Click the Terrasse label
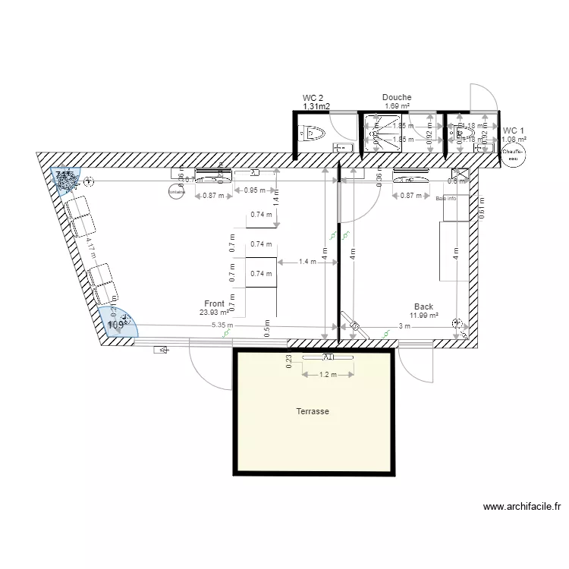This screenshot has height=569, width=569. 313,411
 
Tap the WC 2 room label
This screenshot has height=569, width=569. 313,98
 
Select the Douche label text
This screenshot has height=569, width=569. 397,97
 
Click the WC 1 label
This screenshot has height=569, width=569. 514,130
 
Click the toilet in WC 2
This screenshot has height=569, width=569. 313,134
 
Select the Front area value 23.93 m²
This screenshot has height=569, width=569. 215,312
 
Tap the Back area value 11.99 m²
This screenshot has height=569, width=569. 423,316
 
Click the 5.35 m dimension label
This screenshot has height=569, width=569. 222,325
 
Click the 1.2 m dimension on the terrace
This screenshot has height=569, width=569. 328,374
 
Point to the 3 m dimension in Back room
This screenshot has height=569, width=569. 404,326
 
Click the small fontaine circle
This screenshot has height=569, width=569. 176,192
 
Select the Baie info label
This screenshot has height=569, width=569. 446,199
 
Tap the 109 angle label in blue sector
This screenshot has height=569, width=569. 116,325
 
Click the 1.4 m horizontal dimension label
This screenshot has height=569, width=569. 307,262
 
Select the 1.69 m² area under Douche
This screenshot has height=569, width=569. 397,106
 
